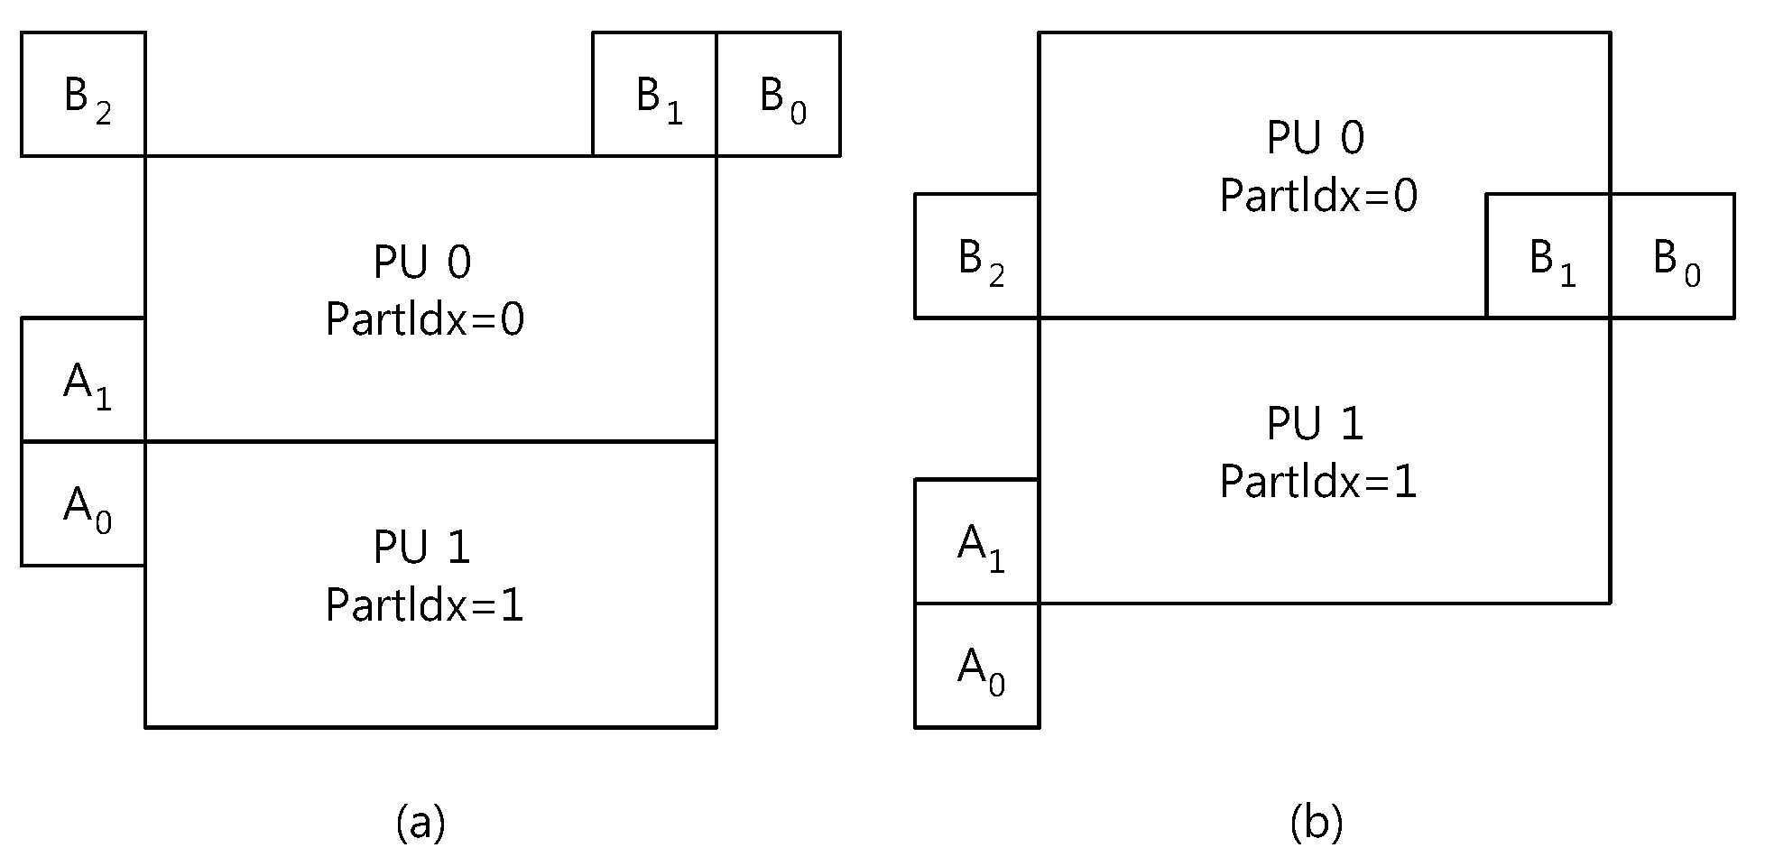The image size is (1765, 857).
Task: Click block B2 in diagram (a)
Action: [83, 95]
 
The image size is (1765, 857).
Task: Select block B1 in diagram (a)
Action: [655, 95]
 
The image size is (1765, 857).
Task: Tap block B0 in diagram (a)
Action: [779, 95]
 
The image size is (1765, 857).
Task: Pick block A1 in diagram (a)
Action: [83, 380]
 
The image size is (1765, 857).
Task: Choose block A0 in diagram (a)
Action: [83, 503]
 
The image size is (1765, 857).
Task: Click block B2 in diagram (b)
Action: [977, 256]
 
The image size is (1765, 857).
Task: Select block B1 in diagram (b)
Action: [1548, 256]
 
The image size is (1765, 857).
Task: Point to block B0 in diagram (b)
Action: [1672, 256]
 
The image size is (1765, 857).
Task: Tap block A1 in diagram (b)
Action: [977, 541]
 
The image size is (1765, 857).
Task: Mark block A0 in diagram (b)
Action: [977, 666]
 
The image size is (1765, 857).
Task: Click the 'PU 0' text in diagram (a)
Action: [422, 263]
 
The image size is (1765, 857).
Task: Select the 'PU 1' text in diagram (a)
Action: [422, 548]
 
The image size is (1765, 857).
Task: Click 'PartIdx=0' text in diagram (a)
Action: [425, 319]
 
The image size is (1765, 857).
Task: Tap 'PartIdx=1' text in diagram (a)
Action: [425, 604]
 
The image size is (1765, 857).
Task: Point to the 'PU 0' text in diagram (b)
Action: [1316, 138]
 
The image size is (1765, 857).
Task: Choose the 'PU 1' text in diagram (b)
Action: [1316, 424]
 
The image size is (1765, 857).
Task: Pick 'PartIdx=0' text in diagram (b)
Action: [1319, 195]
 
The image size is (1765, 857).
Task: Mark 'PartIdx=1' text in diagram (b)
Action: [1319, 481]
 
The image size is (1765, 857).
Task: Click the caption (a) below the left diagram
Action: [421, 822]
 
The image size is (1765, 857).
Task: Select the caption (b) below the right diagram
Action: [1317, 822]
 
